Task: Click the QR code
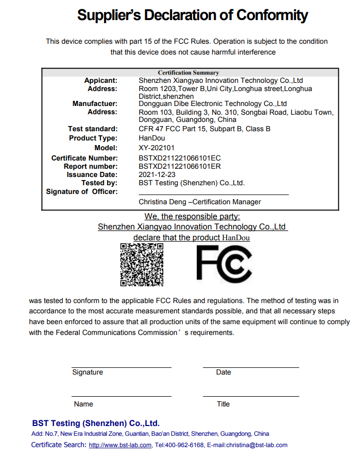pyautogui.click(x=142, y=264)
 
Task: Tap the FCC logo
pyautogui.click(x=224, y=264)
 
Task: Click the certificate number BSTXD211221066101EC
pyautogui.click(x=180, y=158)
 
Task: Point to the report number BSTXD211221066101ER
pyautogui.click(x=180, y=167)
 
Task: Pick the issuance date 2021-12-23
pyautogui.click(x=157, y=175)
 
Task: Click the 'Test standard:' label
pyautogui.click(x=93, y=129)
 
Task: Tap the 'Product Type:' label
pyautogui.click(x=93, y=138)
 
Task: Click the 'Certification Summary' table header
pyautogui.click(x=188, y=73)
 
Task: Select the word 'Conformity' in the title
pyautogui.click(x=272, y=16)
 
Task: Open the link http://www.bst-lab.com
pyautogui.click(x=120, y=445)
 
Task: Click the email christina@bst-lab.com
pyautogui.click(x=254, y=445)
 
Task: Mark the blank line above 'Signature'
pyautogui.click(x=122, y=367)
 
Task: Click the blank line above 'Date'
pyautogui.click(x=251, y=367)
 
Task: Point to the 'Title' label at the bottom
pyautogui.click(x=223, y=404)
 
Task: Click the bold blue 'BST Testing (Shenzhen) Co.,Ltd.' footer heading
pyautogui.click(x=96, y=423)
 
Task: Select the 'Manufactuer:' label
pyautogui.click(x=95, y=104)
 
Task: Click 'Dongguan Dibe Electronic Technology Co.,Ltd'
pyautogui.click(x=213, y=104)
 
